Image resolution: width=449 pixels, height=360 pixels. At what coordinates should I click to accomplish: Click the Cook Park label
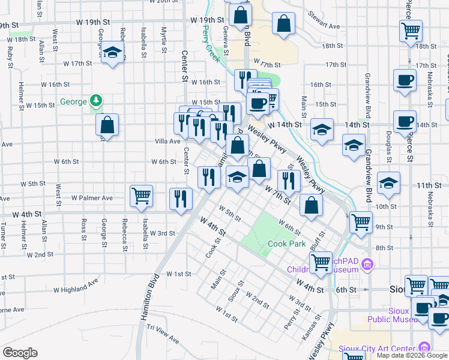click(x=286, y=244)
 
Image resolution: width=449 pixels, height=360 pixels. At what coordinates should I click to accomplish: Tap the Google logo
click(x=19, y=353)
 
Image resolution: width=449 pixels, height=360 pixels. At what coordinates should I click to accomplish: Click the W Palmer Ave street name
click(x=92, y=197)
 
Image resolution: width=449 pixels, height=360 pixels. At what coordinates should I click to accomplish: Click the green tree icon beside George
click(x=95, y=101)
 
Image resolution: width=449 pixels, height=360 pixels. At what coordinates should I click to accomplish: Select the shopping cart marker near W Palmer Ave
click(x=141, y=195)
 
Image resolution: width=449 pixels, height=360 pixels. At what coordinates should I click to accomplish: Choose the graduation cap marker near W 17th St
click(x=112, y=53)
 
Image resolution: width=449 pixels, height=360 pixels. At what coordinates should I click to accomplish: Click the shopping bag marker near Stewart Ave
click(x=284, y=24)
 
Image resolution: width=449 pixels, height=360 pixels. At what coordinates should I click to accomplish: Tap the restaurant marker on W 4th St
click(x=181, y=199)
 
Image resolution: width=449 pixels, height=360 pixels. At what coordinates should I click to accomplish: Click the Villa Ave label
click(x=167, y=142)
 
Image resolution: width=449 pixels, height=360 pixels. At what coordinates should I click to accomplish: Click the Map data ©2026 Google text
click(x=412, y=355)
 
